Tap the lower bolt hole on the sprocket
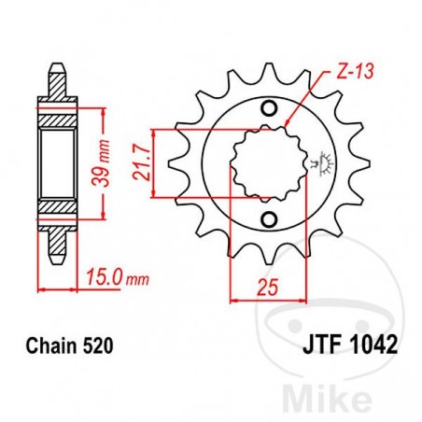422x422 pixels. pos(269,220)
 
